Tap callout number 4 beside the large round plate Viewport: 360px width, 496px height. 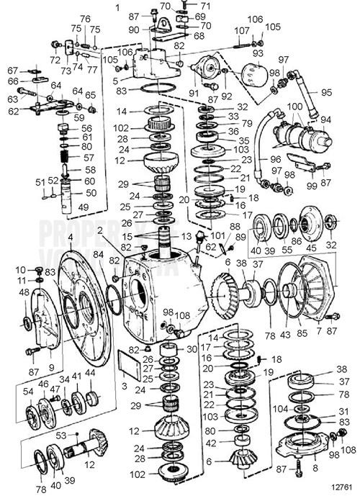70,236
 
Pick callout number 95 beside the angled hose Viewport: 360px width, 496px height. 326,92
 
